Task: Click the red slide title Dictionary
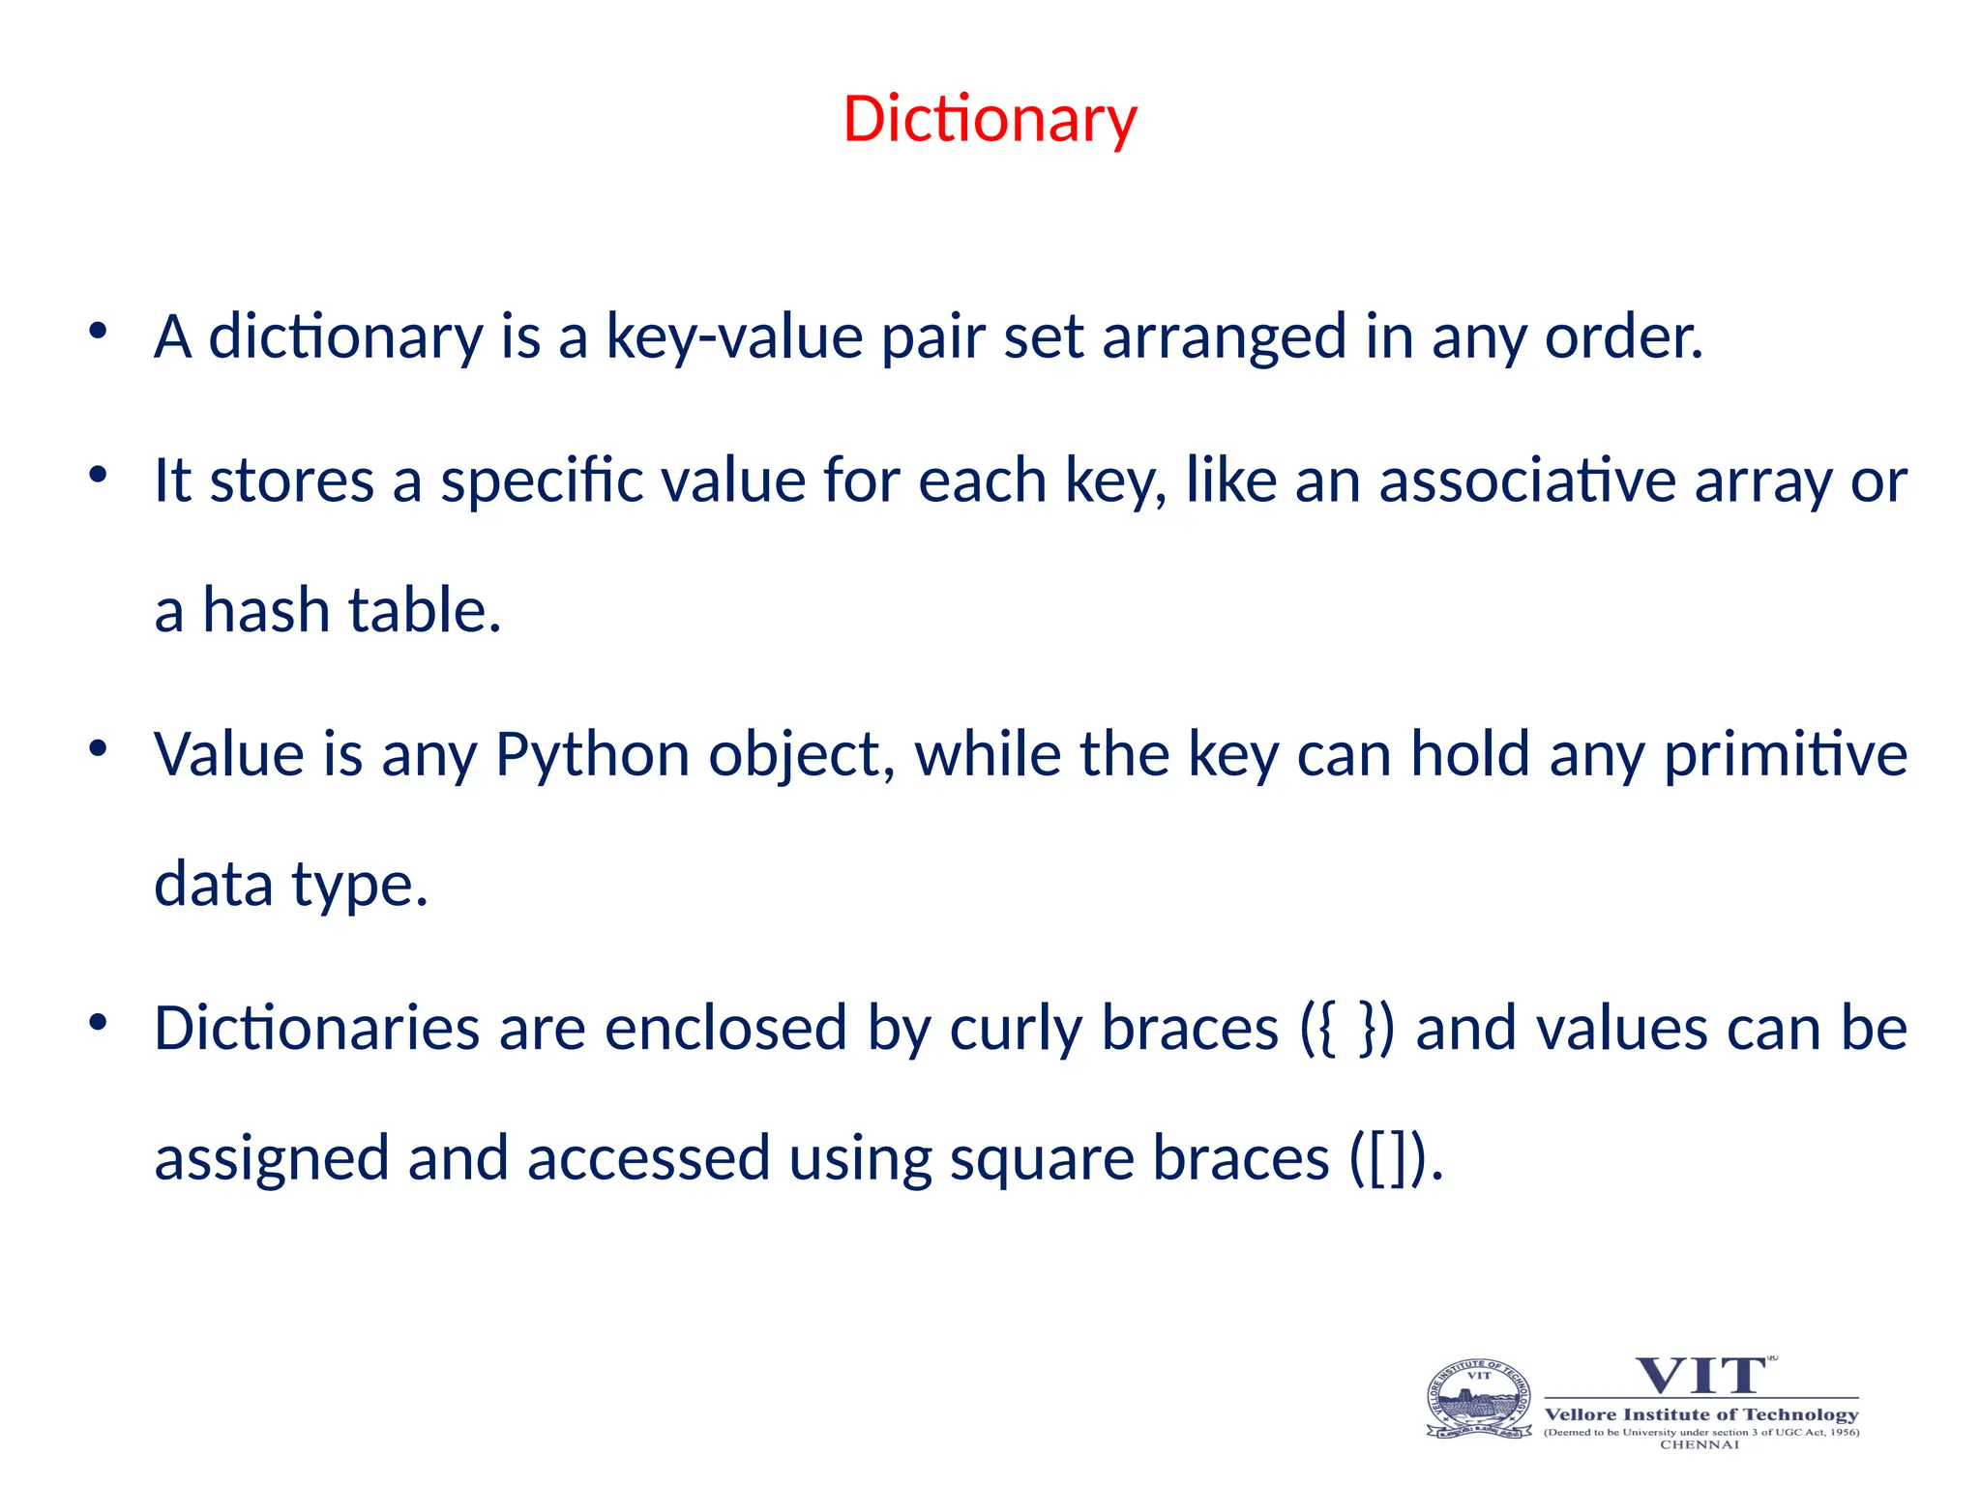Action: tap(990, 120)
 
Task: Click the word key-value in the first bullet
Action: tap(734, 337)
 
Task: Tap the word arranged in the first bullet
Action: tap(1224, 337)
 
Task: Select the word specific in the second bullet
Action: tap(542, 480)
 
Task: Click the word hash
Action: tap(266, 611)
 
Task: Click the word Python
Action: tap(592, 754)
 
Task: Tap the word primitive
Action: tap(1785, 754)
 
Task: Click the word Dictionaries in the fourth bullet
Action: tap(316, 1028)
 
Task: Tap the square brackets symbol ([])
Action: tap(1388, 1158)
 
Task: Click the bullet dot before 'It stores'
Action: tap(97, 475)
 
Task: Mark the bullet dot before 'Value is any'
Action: tap(97, 748)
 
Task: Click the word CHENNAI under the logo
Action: tap(1700, 1444)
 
